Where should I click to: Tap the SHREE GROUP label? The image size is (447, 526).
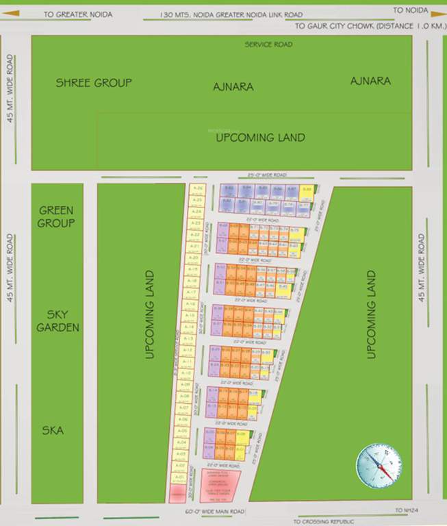pos(93,83)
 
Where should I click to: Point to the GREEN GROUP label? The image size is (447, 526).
pos(56,217)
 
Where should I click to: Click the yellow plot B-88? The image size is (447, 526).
pos(306,189)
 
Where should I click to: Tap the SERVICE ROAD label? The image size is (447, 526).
pos(268,45)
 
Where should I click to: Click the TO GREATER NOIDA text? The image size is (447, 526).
pos(78,13)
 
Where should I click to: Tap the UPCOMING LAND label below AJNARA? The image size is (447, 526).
pos(260,138)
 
